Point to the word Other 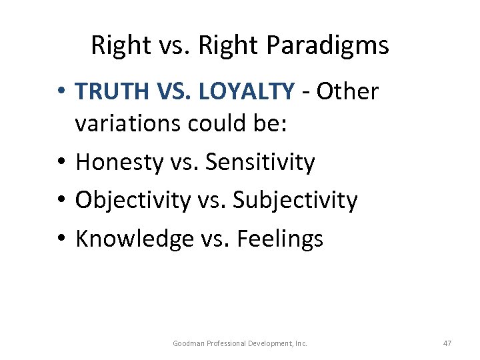[347, 91]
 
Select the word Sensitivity [259, 161]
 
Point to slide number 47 [447, 343]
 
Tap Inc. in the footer [301, 343]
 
